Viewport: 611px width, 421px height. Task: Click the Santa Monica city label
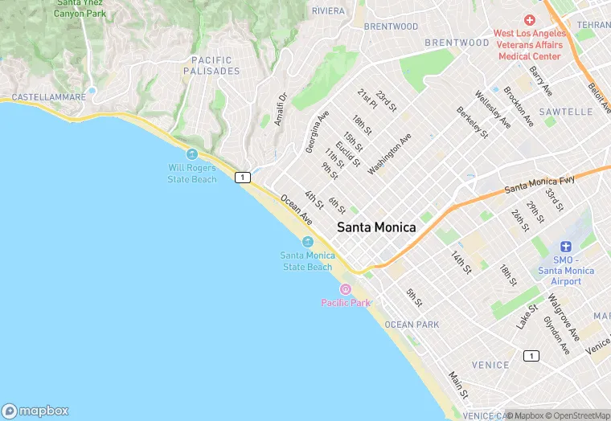(x=376, y=227)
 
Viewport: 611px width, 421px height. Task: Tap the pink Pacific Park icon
(x=346, y=289)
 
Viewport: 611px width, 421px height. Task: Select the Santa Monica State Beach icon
(x=307, y=242)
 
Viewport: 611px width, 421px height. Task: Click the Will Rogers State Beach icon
(x=191, y=154)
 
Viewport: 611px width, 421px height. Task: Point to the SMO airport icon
(x=566, y=246)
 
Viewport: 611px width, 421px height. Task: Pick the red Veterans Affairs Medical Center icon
(x=529, y=19)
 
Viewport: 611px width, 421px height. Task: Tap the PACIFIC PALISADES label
(x=212, y=66)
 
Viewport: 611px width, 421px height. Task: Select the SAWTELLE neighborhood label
(x=566, y=112)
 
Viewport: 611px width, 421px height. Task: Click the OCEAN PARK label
(x=412, y=325)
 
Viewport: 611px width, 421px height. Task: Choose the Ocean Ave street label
(x=296, y=208)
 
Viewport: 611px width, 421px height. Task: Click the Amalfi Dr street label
(x=281, y=109)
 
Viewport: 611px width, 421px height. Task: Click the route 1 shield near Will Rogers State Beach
(x=241, y=177)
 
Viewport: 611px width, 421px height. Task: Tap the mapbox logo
(x=35, y=410)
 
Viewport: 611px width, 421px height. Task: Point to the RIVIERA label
(x=328, y=10)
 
